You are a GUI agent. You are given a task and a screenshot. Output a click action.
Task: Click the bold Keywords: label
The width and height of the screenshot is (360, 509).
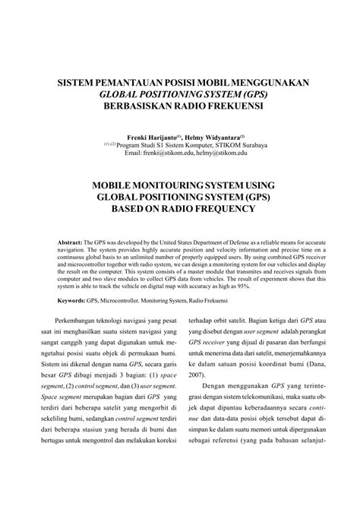73,301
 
